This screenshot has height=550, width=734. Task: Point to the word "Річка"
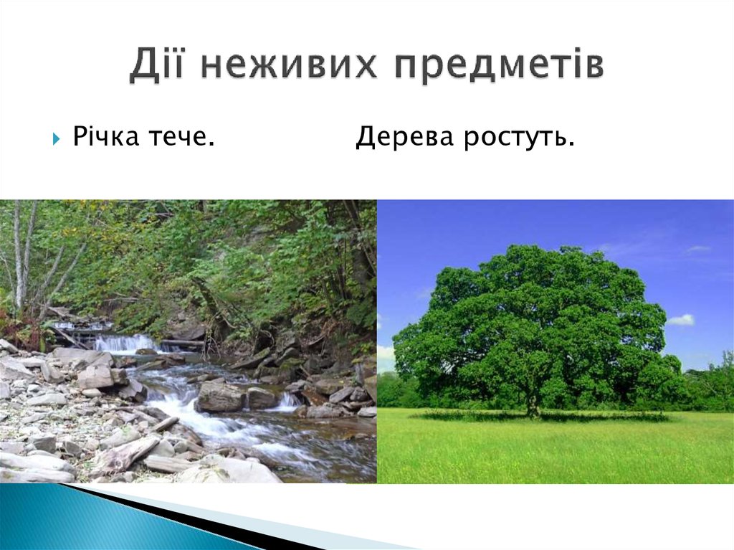coord(106,136)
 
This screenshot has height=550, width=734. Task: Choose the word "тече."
coord(182,136)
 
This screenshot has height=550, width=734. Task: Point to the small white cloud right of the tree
coord(681,320)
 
